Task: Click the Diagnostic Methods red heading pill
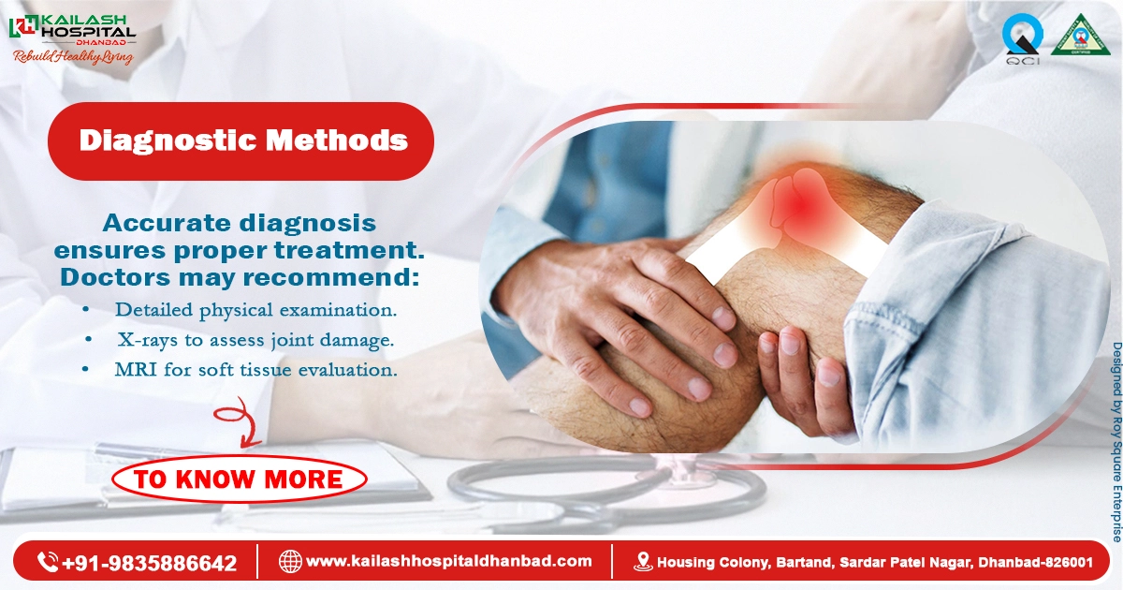(241, 141)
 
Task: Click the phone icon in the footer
(48, 562)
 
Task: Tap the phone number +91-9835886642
(150, 563)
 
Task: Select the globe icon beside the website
(290, 562)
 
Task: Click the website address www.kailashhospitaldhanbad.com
(449, 561)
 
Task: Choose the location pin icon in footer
(643, 562)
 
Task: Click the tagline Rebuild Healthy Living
(72, 57)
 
